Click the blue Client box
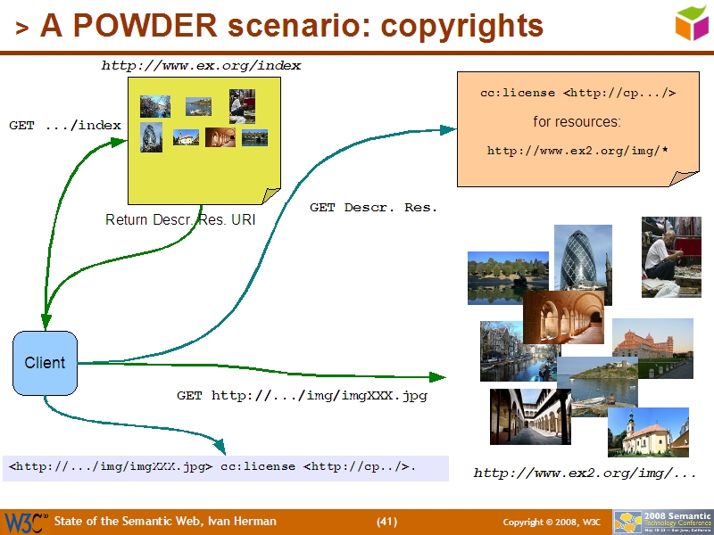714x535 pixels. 45,363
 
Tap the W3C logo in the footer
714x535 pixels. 25,522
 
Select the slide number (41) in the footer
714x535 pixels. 386,522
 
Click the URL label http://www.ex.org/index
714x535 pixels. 201,66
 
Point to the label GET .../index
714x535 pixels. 64,126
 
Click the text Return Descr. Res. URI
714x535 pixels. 180,220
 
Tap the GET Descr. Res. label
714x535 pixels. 373,208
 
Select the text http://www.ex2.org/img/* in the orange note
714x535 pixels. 577,151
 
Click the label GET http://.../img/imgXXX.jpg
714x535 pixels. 302,396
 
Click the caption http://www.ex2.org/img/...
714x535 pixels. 585,473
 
